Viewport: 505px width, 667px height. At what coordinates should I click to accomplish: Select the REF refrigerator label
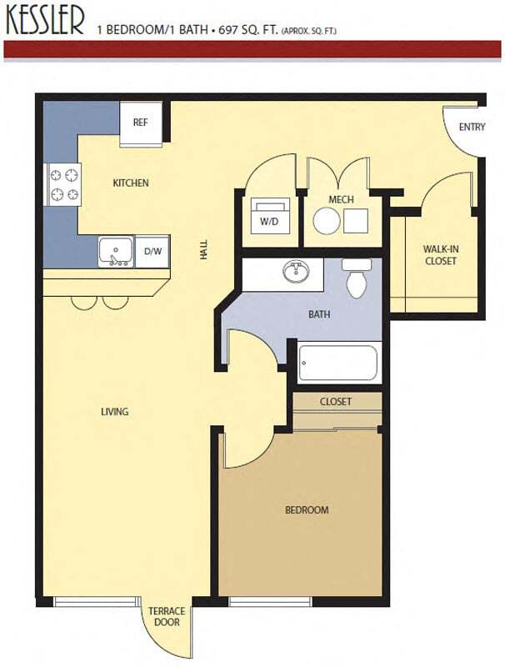(x=140, y=123)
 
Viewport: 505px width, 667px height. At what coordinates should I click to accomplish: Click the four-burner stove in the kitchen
(x=64, y=184)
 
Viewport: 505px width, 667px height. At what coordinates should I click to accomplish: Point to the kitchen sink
(x=115, y=250)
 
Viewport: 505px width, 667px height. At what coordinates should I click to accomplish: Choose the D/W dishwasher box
(x=152, y=250)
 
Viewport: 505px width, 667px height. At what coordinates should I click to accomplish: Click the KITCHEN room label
(x=131, y=183)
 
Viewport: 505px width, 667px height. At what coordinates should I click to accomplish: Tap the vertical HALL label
(x=204, y=251)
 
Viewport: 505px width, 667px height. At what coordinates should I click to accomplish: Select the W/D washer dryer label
(x=268, y=222)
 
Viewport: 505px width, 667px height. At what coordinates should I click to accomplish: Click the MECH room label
(x=342, y=200)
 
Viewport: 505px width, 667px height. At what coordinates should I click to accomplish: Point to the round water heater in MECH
(x=326, y=220)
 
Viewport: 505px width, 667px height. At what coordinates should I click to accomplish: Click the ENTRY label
(x=472, y=128)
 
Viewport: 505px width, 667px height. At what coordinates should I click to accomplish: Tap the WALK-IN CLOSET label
(x=439, y=255)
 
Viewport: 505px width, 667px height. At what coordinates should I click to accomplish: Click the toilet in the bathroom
(x=357, y=279)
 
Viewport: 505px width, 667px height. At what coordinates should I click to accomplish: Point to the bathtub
(x=337, y=363)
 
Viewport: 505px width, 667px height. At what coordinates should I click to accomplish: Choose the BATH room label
(x=319, y=315)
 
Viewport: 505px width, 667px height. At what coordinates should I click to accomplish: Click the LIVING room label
(x=114, y=411)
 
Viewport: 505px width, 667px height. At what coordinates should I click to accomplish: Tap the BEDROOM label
(x=307, y=509)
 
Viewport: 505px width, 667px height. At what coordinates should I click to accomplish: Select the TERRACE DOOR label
(x=167, y=616)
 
